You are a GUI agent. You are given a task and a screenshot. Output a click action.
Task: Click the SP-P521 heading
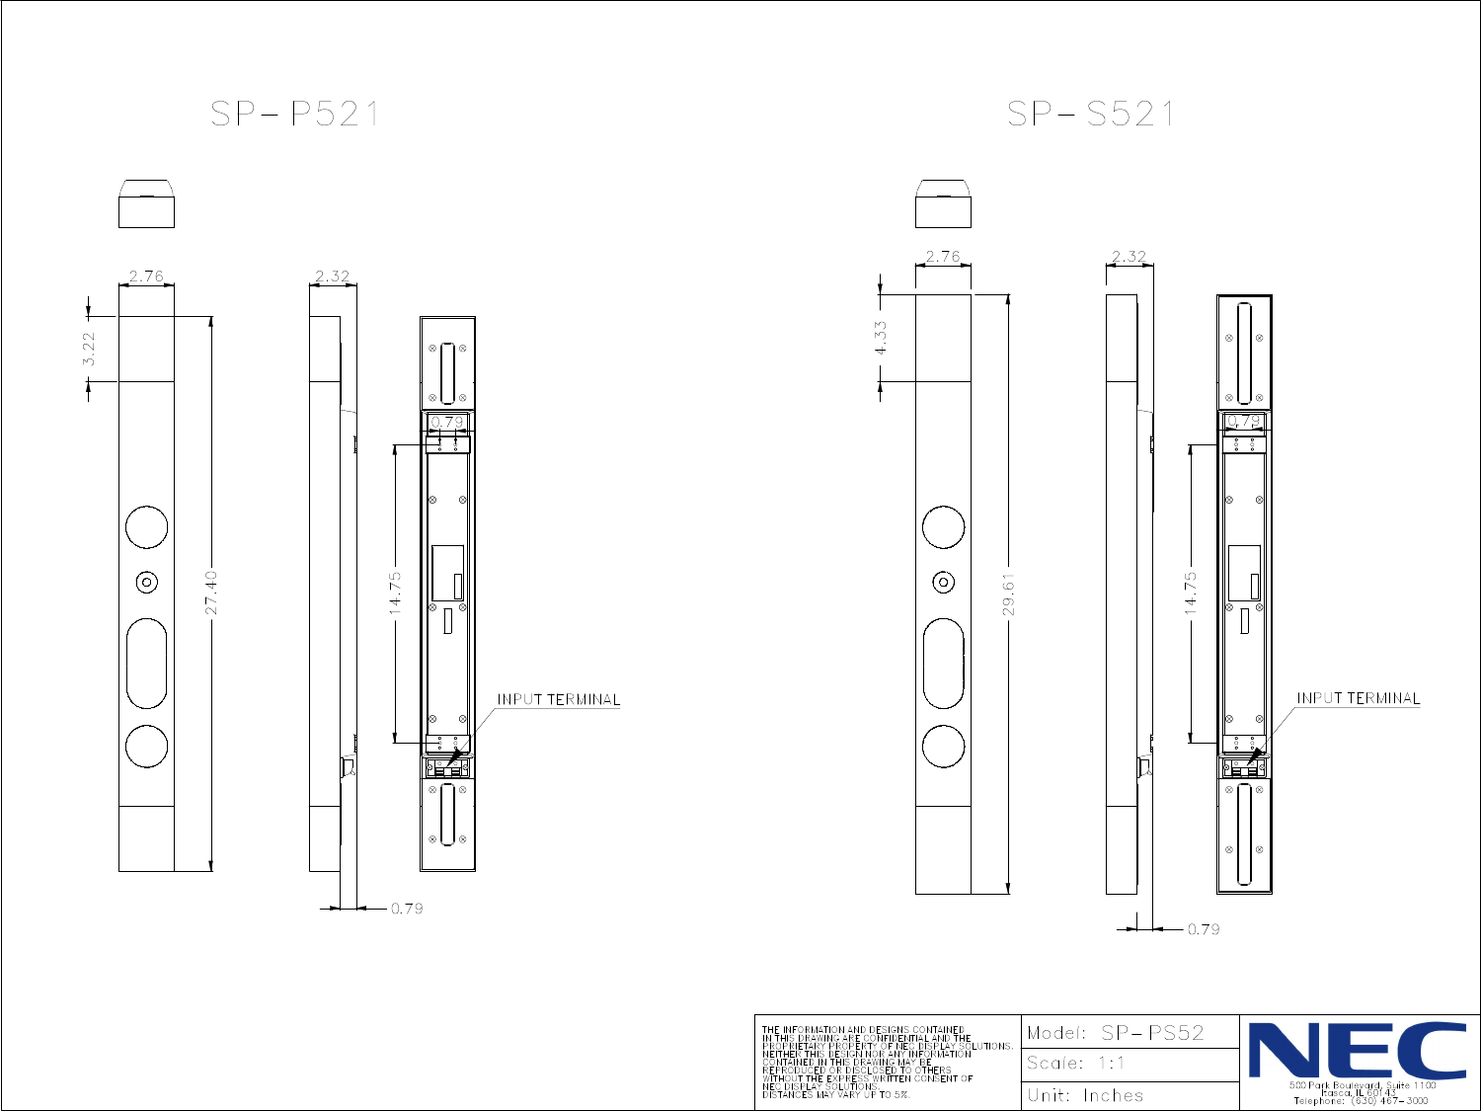coord(294,115)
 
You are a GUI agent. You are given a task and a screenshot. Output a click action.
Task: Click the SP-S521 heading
coord(1091,115)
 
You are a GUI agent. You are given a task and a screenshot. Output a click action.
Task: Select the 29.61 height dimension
coord(1009,595)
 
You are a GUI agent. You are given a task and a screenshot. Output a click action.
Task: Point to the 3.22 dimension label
coord(89,349)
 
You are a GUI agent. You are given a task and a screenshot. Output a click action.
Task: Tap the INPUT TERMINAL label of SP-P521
coord(558,699)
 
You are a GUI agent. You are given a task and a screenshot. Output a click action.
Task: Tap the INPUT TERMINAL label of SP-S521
coord(1358,698)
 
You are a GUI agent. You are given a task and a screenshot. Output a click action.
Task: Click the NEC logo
coord(1359,1051)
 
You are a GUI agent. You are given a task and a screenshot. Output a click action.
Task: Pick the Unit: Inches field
coord(1085,1095)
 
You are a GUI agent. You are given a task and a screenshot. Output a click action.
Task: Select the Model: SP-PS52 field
coord(1116,1033)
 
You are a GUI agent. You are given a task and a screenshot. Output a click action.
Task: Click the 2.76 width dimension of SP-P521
coord(146,277)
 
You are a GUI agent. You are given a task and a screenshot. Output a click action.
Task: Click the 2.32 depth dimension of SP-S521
coord(1129,257)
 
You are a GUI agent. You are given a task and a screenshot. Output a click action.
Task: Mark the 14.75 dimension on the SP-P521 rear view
coord(395,593)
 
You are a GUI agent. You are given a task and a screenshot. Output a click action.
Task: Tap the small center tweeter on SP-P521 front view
coord(146,583)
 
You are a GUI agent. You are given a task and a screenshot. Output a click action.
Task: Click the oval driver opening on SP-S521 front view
coord(943,664)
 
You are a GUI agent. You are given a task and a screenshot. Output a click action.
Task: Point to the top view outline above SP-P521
coord(146,204)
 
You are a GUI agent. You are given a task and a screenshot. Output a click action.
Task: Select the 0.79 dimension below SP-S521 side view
coord(1203,929)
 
